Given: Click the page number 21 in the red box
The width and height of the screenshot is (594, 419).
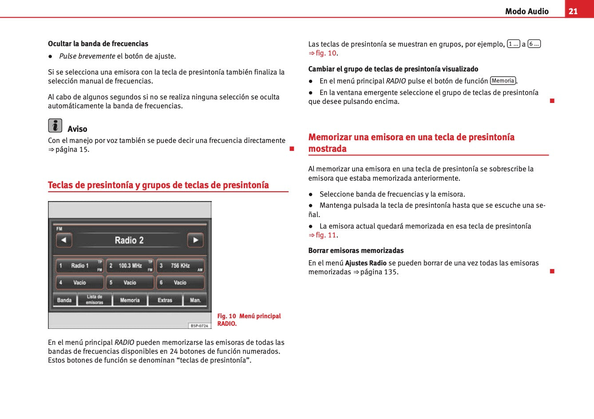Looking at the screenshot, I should pyautogui.click(x=573, y=11).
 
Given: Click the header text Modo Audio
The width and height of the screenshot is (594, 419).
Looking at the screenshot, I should pyautogui.click(x=527, y=12).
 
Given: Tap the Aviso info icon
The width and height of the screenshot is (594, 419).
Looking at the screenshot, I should pyautogui.click(x=55, y=126).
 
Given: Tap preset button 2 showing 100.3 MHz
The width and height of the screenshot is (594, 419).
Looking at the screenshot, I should pyautogui.click(x=130, y=266).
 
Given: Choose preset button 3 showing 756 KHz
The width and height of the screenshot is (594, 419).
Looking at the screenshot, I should pyautogui.click(x=180, y=266).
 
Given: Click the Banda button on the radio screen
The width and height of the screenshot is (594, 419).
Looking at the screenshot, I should pyautogui.click(x=64, y=300).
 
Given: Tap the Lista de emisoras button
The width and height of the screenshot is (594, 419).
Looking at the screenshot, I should pyautogui.click(x=95, y=300).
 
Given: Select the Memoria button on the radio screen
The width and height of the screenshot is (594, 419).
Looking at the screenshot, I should pyautogui.click(x=130, y=300).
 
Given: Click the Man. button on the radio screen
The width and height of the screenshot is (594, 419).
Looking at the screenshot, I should pyautogui.click(x=195, y=300).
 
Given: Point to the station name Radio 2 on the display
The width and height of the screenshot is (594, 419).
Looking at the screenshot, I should pyautogui.click(x=129, y=240).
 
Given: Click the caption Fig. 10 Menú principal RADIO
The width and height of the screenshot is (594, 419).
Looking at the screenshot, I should pyautogui.click(x=249, y=320).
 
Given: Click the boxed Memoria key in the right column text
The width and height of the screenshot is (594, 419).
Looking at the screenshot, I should pyautogui.click(x=503, y=81).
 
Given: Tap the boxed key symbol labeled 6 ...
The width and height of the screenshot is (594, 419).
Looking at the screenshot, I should pyautogui.click(x=534, y=44).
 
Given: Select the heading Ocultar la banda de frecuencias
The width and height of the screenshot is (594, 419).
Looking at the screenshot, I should pyautogui.click(x=98, y=43).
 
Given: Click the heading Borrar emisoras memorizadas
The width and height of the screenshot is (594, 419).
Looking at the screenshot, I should pyautogui.click(x=356, y=250).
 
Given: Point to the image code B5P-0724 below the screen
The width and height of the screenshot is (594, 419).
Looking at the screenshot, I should pyautogui.click(x=199, y=326).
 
